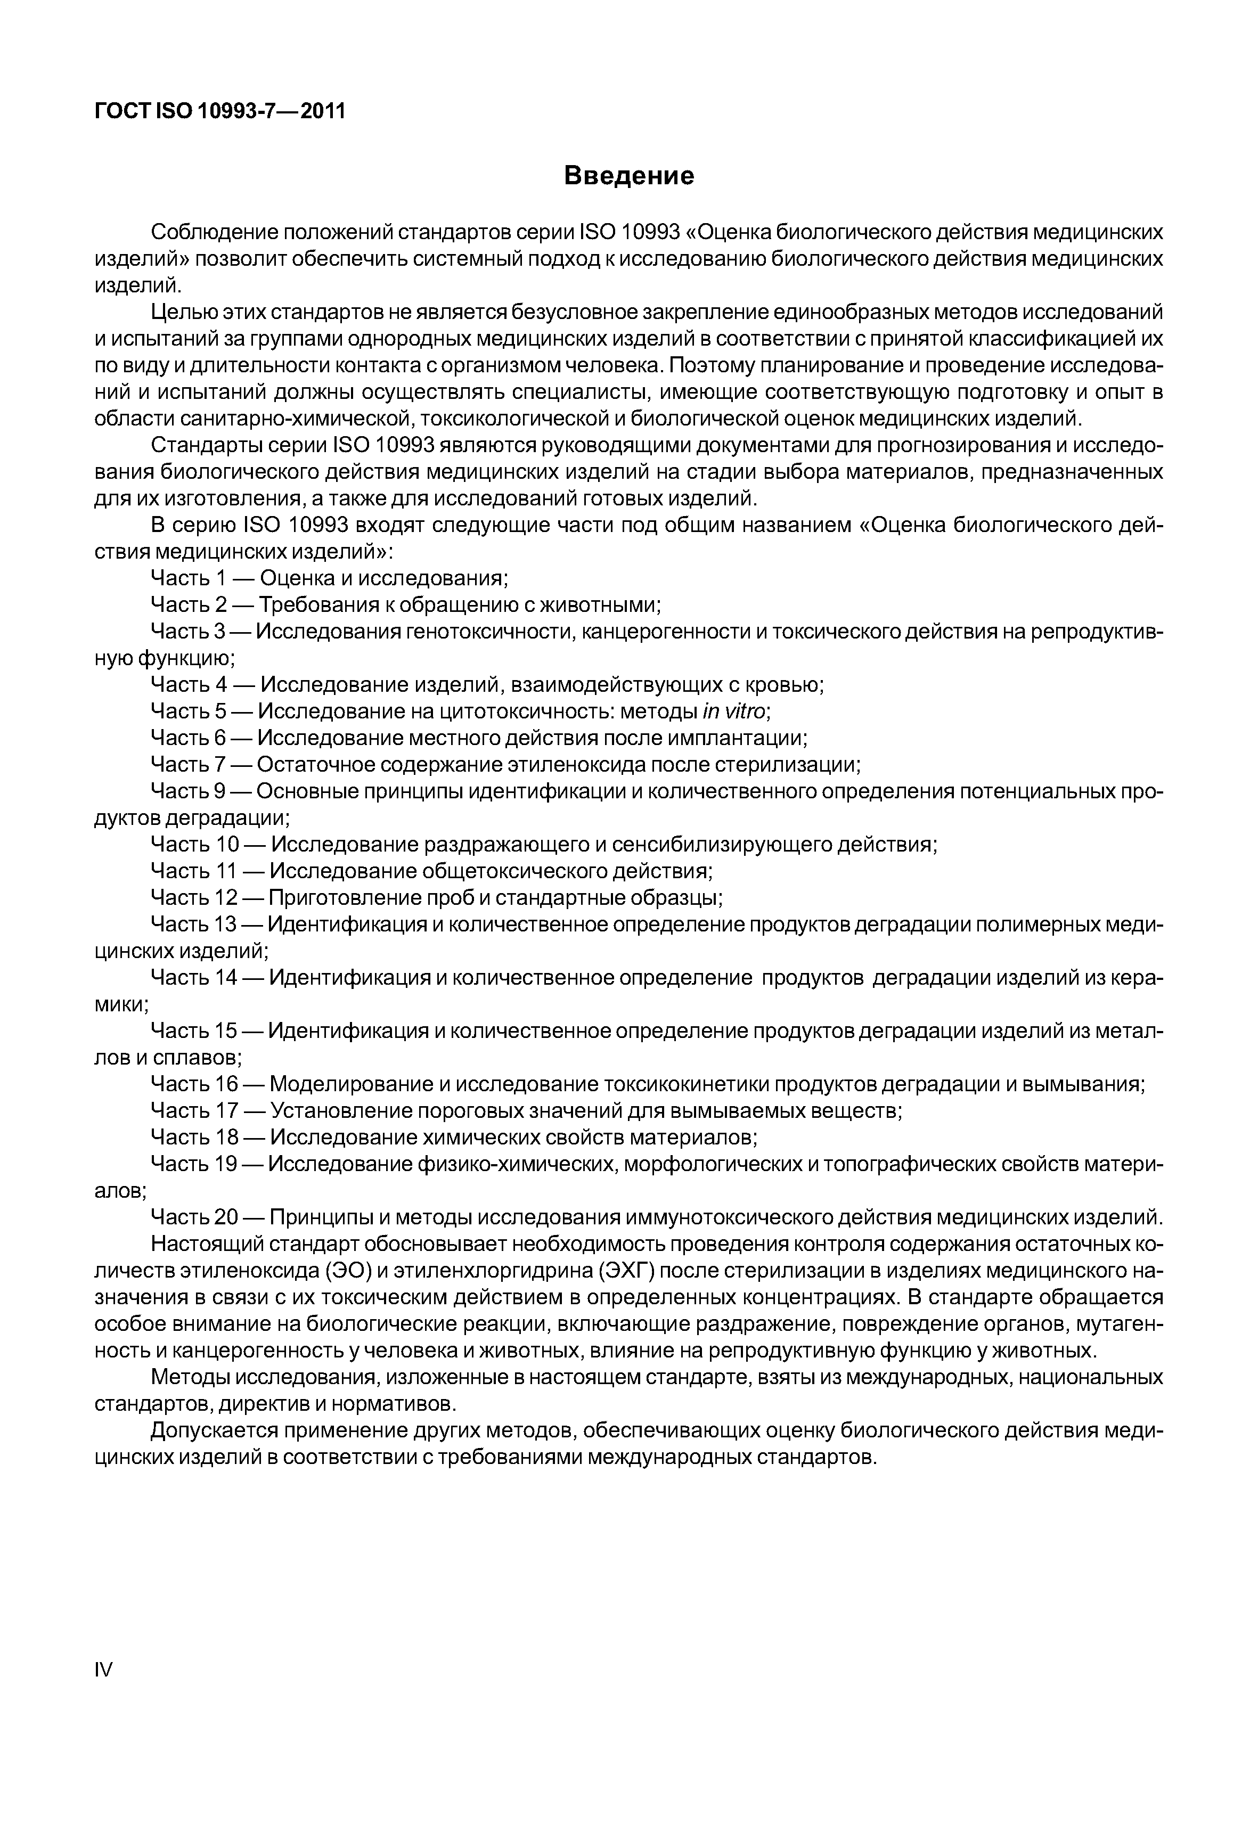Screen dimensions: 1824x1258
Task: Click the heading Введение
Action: [629, 175]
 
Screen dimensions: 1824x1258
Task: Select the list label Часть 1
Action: [189, 578]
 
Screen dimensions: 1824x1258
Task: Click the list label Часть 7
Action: [189, 765]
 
